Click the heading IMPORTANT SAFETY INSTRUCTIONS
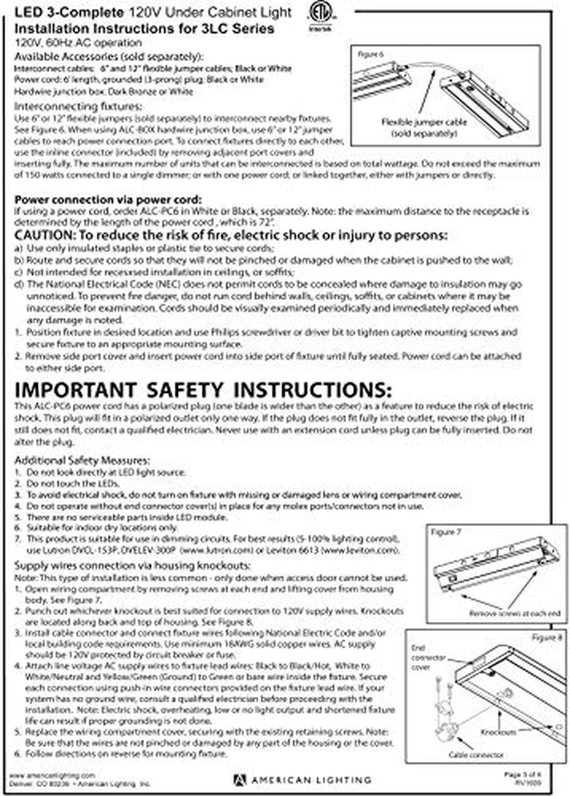pos(203,390)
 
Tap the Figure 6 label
pos(370,54)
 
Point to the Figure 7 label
pos(446,532)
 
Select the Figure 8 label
pos(546,637)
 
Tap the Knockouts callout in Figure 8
pos(498,732)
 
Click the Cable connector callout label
pos(476,755)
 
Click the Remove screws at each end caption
pos(514,614)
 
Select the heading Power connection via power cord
pos(108,200)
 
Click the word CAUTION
pos(43,235)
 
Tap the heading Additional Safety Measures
pos(82,460)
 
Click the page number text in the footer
pos(522,775)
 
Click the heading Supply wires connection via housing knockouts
pos(133,566)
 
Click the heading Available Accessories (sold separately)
pos(109,57)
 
